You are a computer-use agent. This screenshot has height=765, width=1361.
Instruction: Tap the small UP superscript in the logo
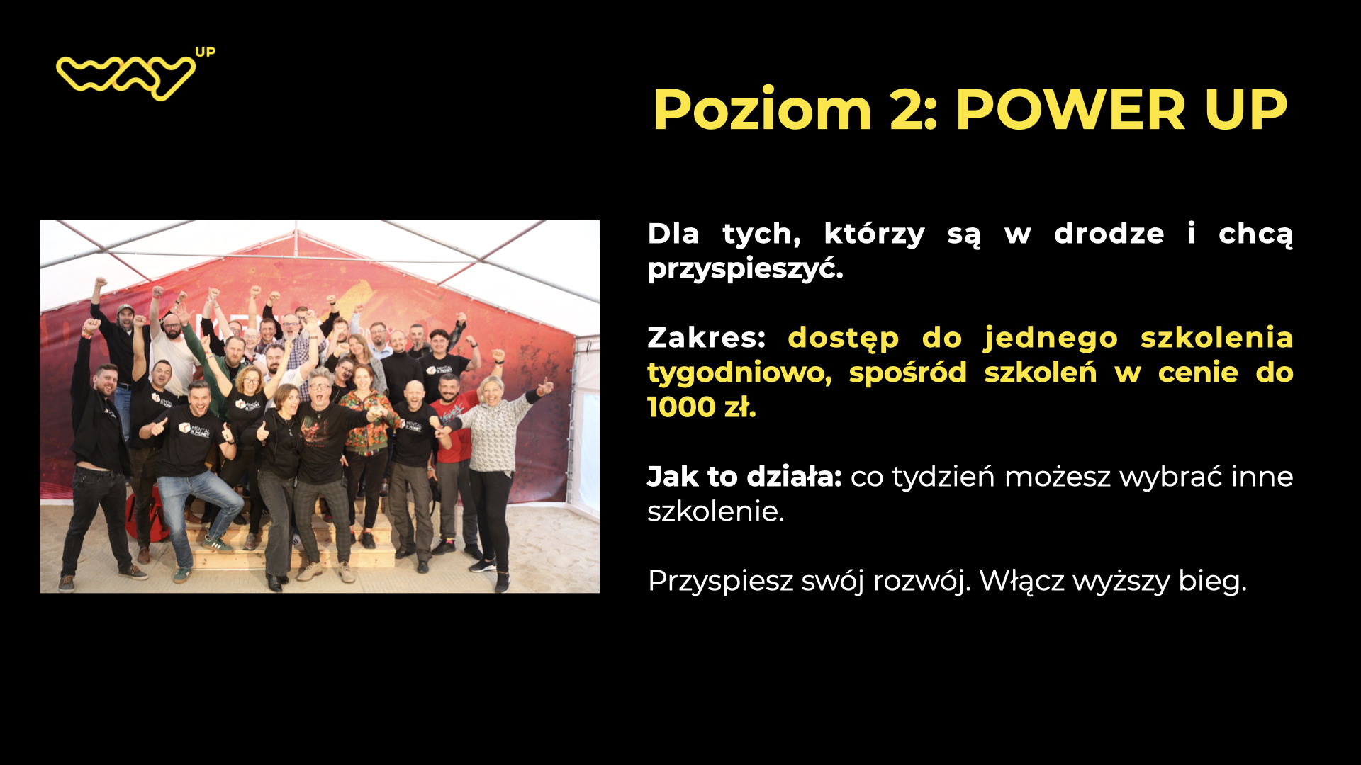pos(205,52)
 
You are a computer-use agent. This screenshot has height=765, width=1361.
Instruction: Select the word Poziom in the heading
pos(762,110)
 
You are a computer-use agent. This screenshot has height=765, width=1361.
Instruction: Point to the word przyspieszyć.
pos(745,268)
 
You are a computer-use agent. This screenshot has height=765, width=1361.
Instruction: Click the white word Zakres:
pos(706,337)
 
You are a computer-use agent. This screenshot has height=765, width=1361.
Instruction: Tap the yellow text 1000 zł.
pos(702,407)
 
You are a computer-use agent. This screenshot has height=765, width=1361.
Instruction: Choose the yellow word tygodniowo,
pos(739,373)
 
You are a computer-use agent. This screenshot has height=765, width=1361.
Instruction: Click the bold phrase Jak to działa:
pos(744,477)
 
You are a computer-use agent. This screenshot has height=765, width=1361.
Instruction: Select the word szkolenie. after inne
pos(716,511)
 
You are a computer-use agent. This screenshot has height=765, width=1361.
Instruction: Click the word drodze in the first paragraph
pos(1109,233)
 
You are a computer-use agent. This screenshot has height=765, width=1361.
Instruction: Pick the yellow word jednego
pos(1051,339)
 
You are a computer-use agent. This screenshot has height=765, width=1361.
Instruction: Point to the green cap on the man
pos(125,309)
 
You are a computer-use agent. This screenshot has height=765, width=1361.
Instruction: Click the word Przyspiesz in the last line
pos(720,582)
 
